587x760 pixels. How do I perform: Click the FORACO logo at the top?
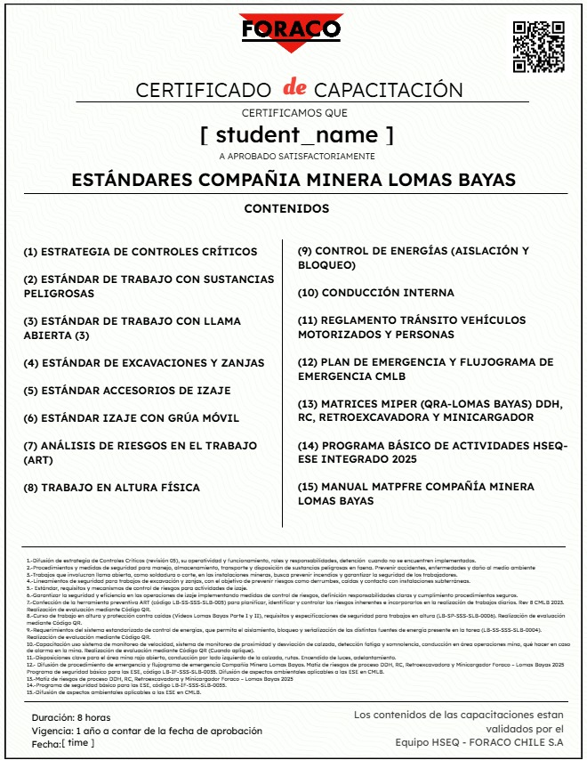pyautogui.click(x=278, y=30)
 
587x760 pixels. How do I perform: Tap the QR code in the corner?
pyautogui.click(x=539, y=45)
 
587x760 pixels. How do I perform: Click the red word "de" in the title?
pyautogui.click(x=293, y=88)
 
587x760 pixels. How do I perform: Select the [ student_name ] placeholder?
pyautogui.click(x=296, y=135)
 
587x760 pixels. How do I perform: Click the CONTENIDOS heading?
pyautogui.click(x=286, y=209)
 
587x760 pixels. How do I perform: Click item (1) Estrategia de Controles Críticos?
pyautogui.click(x=141, y=252)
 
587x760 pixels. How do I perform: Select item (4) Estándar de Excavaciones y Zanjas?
pyautogui.click(x=144, y=363)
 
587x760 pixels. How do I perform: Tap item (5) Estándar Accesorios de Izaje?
pyautogui.click(x=127, y=391)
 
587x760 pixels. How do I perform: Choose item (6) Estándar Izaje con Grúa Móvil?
pyautogui.click(x=132, y=418)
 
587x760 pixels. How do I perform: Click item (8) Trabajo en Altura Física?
pyautogui.click(x=111, y=488)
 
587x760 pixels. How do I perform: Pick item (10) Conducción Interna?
pyautogui.click(x=375, y=293)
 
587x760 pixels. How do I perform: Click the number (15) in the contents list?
pyautogui.click(x=308, y=487)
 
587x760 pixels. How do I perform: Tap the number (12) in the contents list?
pyautogui.click(x=308, y=362)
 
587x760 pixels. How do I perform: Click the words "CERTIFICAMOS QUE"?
pyautogui.click(x=294, y=113)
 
